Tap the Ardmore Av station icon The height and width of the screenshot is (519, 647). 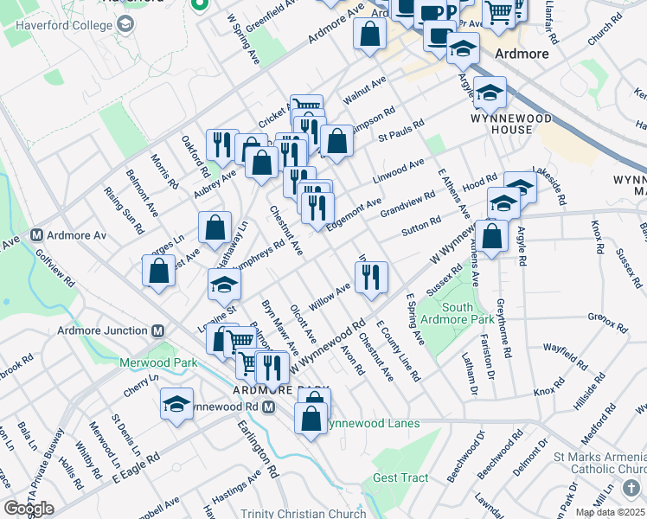(x=37, y=235)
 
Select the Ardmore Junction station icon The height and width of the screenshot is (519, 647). (x=158, y=330)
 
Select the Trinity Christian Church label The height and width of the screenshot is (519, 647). (x=302, y=513)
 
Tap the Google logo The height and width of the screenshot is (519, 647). (x=29, y=509)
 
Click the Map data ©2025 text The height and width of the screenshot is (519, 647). (x=611, y=512)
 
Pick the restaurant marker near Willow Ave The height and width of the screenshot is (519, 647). (x=371, y=277)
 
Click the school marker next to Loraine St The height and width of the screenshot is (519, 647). (x=224, y=284)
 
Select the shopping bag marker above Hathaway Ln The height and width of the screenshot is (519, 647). (x=215, y=227)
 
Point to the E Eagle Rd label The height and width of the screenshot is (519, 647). (x=130, y=467)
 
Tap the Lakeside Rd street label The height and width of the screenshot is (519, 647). (x=550, y=186)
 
